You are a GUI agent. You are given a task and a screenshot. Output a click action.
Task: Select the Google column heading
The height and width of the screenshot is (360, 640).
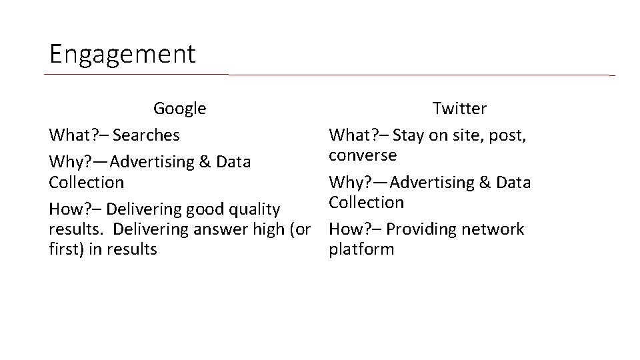tap(179, 108)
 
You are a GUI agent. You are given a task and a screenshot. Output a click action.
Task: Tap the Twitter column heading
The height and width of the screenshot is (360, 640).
tap(459, 108)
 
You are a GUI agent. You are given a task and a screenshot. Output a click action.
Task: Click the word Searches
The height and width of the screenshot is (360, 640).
tap(146, 135)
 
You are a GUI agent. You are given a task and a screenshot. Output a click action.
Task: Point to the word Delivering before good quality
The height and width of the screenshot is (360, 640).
tap(152, 209)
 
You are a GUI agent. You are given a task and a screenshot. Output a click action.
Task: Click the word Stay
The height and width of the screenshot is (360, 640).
tap(408, 135)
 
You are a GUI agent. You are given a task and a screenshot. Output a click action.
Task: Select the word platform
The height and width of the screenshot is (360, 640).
tap(361, 250)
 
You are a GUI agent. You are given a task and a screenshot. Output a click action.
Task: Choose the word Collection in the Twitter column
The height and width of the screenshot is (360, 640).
tap(366, 203)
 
